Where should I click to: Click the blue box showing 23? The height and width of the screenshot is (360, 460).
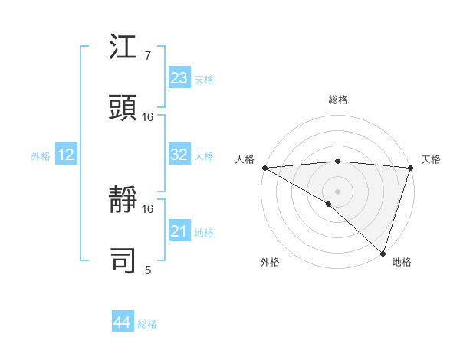[179, 78]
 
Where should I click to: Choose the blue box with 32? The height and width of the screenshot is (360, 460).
[179, 155]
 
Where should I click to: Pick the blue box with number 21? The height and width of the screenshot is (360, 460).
[179, 231]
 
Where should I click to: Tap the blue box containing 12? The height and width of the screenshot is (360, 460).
[66, 155]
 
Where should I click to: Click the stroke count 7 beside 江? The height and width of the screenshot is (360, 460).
[147, 57]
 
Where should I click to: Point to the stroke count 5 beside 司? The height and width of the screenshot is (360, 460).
[147, 270]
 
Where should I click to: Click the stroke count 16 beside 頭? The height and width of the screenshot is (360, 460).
[148, 117]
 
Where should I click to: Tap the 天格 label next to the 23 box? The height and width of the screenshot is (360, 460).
[204, 80]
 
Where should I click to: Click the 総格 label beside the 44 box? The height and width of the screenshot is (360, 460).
[147, 324]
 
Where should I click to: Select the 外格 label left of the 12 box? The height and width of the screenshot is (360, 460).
[41, 156]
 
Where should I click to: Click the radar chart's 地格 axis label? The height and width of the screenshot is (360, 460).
[402, 263]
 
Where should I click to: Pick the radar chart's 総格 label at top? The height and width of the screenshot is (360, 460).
[337, 100]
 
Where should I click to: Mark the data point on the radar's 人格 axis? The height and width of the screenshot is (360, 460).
[264, 168]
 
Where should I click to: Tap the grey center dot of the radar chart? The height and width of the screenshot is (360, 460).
[337, 191]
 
